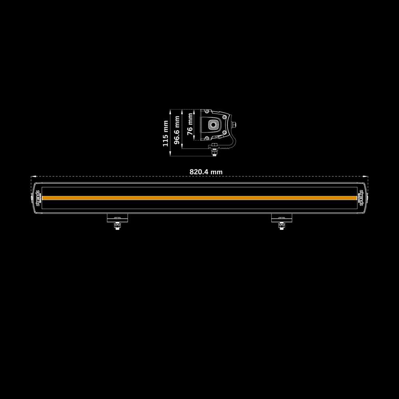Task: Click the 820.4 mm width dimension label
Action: click(206, 172)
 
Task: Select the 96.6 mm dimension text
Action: click(177, 130)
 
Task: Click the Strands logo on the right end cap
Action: click(361, 198)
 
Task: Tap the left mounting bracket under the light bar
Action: click(117, 218)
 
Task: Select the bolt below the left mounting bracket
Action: click(117, 226)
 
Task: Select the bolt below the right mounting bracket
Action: click(282, 226)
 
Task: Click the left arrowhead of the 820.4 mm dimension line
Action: click(32, 176)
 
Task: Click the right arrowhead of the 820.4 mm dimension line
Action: click(367, 176)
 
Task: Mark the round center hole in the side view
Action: click(214, 125)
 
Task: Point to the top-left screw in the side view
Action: click(203, 112)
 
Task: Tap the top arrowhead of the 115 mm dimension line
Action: click(171, 111)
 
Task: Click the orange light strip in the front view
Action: click(199, 198)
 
